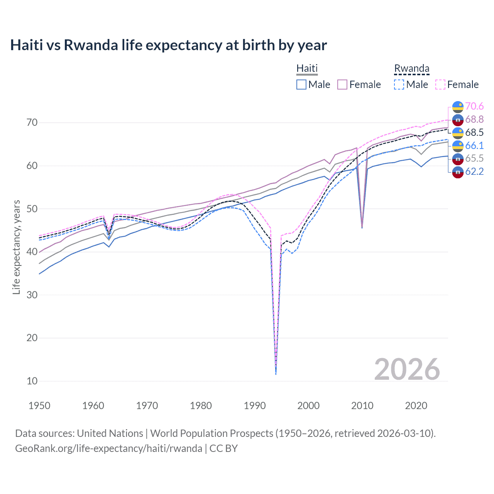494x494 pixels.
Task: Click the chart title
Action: coord(168,45)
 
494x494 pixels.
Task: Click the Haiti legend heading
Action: coord(307,68)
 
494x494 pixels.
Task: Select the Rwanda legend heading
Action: coord(411,68)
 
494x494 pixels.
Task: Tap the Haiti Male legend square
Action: coord(301,85)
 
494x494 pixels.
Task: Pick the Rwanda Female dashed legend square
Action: coord(440,85)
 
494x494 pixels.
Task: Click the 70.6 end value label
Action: coord(474,106)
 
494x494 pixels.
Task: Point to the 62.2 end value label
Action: coord(474,171)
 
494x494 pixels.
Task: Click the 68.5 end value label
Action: coord(474,132)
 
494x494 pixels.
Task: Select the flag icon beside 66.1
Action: coord(458,146)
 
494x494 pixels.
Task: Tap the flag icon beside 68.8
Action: coord(458,120)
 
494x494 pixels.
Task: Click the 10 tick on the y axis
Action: coord(32,381)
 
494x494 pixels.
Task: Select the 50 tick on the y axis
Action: coord(32,209)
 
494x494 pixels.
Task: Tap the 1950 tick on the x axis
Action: coord(39,406)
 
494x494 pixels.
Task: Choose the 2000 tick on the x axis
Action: coord(308,406)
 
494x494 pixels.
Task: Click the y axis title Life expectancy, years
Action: coord(16,247)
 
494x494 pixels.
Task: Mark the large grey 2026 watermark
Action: coord(407,369)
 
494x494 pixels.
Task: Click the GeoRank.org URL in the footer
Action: coord(108,448)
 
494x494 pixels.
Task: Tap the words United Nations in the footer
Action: coord(110,433)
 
